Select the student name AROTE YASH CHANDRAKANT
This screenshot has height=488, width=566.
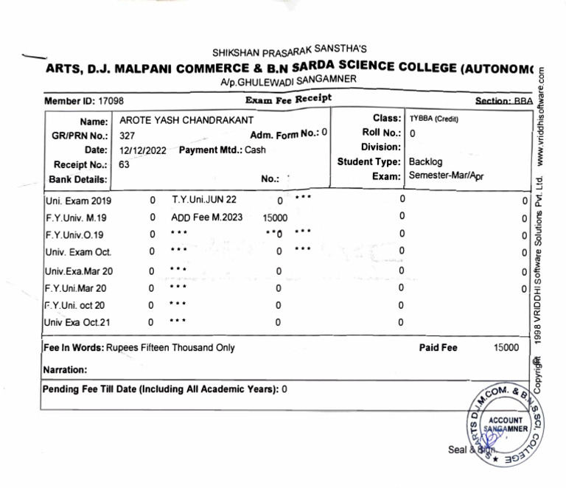click(x=186, y=120)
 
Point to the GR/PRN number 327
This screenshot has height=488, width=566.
click(x=127, y=136)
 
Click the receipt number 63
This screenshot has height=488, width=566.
click(x=124, y=164)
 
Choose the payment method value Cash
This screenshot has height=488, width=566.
click(x=255, y=150)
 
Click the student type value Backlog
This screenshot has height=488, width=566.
click(x=426, y=161)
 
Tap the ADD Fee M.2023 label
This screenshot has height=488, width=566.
click(x=206, y=217)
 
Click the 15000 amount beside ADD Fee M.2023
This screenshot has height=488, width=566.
click(x=275, y=218)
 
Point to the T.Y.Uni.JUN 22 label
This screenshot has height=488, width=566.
click(x=204, y=200)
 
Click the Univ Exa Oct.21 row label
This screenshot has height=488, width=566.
click(x=77, y=322)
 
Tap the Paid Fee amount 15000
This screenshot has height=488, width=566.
click(x=506, y=347)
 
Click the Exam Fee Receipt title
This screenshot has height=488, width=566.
click(x=288, y=99)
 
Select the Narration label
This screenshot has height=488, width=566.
click(x=65, y=369)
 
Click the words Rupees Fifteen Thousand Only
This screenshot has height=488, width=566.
click(x=170, y=347)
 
